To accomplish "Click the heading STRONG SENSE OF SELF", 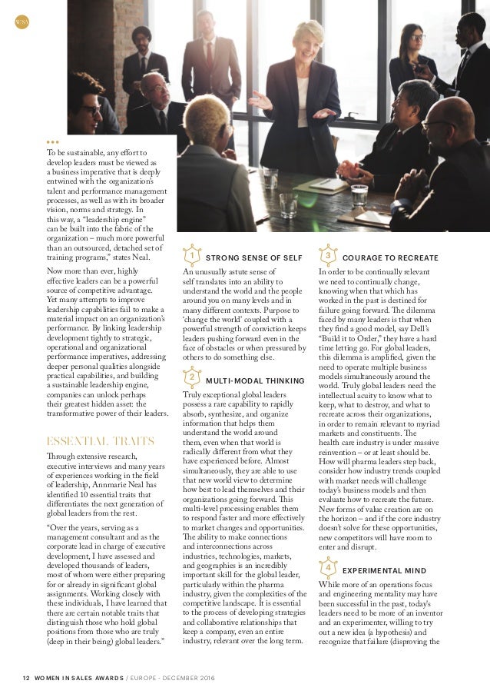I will pos(254,257).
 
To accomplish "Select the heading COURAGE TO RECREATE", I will pos(390,257).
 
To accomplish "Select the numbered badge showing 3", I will pos(327,254).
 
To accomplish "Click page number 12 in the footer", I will pos(25,676).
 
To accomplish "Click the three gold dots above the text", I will pos(51,142).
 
